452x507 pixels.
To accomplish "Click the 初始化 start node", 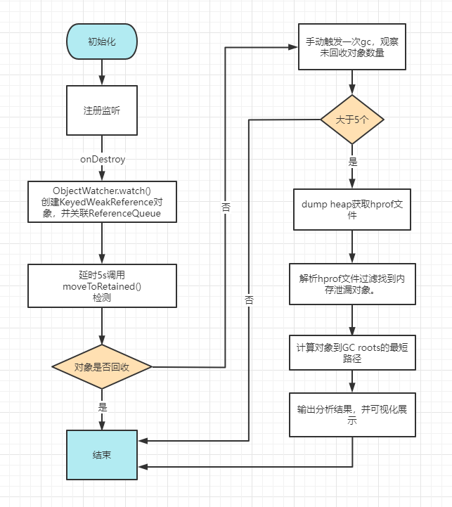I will [103, 41].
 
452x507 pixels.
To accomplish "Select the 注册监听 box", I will [103, 110].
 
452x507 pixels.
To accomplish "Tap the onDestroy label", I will [103, 160].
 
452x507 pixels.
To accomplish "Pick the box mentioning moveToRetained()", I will [103, 286].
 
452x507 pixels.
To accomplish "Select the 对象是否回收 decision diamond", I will [103, 367].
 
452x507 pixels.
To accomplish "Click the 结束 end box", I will [103, 454].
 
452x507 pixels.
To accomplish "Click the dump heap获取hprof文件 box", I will [351, 210].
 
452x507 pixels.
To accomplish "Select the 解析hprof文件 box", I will [351, 284].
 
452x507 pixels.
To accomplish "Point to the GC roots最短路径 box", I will [351, 352].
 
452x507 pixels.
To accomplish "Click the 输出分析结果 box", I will [351, 415].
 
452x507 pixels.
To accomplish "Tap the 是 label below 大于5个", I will [353, 161].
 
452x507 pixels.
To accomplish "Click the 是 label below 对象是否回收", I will [103, 407].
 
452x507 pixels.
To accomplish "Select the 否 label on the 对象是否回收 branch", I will [225, 208].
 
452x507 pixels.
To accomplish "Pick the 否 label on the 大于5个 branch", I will [249, 300].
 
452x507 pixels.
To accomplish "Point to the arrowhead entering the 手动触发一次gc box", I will [293, 48].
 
